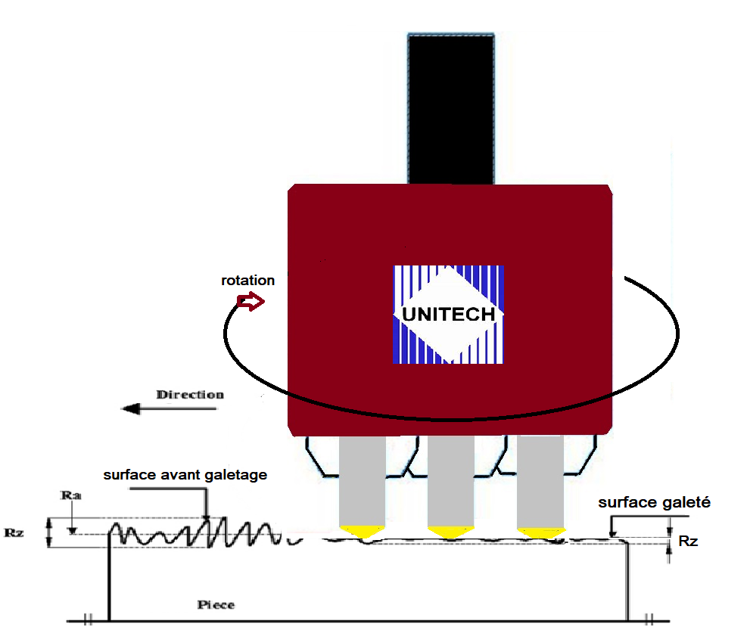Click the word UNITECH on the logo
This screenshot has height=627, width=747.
point(449,313)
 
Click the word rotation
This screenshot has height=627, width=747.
point(247,281)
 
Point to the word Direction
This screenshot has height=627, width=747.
point(190,395)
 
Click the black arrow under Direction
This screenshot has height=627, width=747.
point(169,409)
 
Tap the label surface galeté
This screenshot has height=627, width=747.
point(654,502)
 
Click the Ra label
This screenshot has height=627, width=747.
point(73,496)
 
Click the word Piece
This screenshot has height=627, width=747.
point(216,605)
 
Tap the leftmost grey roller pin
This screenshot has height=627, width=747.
point(362,482)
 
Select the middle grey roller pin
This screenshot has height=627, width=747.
point(450,482)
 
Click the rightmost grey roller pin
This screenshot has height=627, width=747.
point(540,482)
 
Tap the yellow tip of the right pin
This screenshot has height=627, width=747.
point(540,531)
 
